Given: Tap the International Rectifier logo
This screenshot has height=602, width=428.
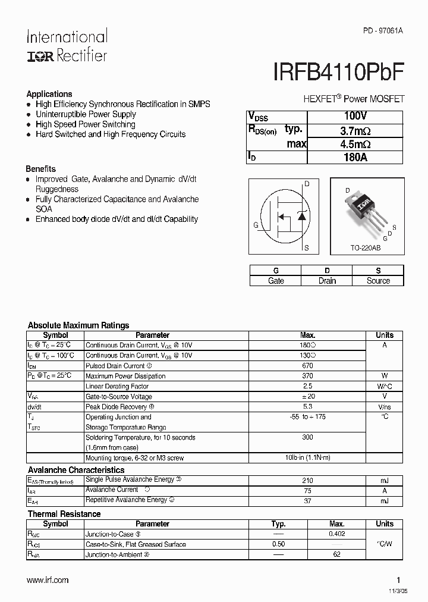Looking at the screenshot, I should (67, 46).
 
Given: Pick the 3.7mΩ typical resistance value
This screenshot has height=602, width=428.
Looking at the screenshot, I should (355, 130).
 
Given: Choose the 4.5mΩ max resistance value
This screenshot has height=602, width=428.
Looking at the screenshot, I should (355, 143).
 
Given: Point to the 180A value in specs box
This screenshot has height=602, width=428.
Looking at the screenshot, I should (355, 157).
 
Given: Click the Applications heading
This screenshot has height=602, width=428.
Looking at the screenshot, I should (49, 94).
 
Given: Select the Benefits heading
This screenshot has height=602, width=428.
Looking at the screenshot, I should (41, 168).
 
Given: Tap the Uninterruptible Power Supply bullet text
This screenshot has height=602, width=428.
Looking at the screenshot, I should (86, 114).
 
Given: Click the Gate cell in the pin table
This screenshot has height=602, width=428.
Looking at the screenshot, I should (276, 281).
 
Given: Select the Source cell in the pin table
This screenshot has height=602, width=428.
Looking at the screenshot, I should (378, 281).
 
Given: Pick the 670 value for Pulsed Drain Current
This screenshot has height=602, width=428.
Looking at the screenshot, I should (307, 366).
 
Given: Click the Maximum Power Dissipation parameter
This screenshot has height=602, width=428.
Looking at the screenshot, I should (125, 376).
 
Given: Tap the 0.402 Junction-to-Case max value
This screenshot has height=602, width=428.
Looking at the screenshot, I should (336, 534).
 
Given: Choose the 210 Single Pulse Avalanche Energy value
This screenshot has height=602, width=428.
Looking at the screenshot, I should (307, 480).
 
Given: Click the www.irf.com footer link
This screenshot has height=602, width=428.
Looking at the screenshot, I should (48, 580).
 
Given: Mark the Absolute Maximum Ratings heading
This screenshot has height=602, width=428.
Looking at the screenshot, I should (78, 325).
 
